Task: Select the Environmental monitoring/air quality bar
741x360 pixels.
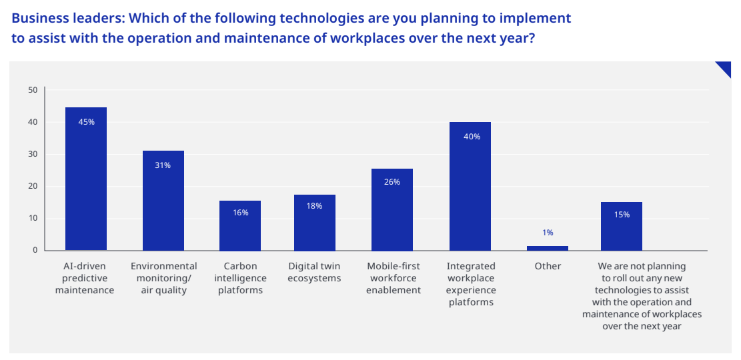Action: coord(163,200)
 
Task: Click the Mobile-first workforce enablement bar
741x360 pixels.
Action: coord(392,209)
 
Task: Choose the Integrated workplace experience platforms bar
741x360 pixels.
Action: coord(470,186)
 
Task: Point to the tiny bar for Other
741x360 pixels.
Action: coord(547,248)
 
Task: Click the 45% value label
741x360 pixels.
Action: coord(86,122)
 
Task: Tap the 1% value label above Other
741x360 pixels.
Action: coord(548,233)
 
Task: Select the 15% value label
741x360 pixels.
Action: coord(622,215)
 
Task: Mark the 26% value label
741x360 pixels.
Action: coord(392,182)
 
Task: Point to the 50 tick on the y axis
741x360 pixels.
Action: coord(33,90)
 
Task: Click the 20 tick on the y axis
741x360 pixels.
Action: coord(33,186)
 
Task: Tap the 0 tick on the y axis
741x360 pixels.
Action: coord(35,250)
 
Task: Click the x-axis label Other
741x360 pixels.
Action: coord(548,266)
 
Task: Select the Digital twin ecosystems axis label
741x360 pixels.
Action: coord(314,272)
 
